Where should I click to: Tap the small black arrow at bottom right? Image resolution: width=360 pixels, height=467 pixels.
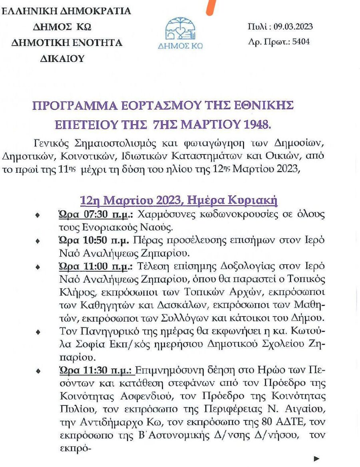317,458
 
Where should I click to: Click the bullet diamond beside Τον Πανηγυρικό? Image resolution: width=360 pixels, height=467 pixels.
38,332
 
